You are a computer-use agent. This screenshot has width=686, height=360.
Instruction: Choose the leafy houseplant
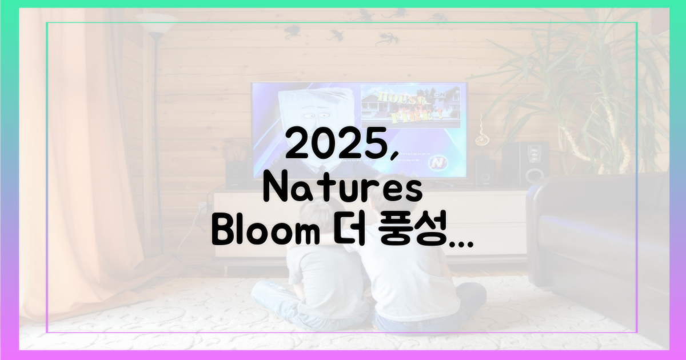(x=583, y=86)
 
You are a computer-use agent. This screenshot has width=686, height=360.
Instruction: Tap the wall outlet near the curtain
(x=201, y=206)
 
